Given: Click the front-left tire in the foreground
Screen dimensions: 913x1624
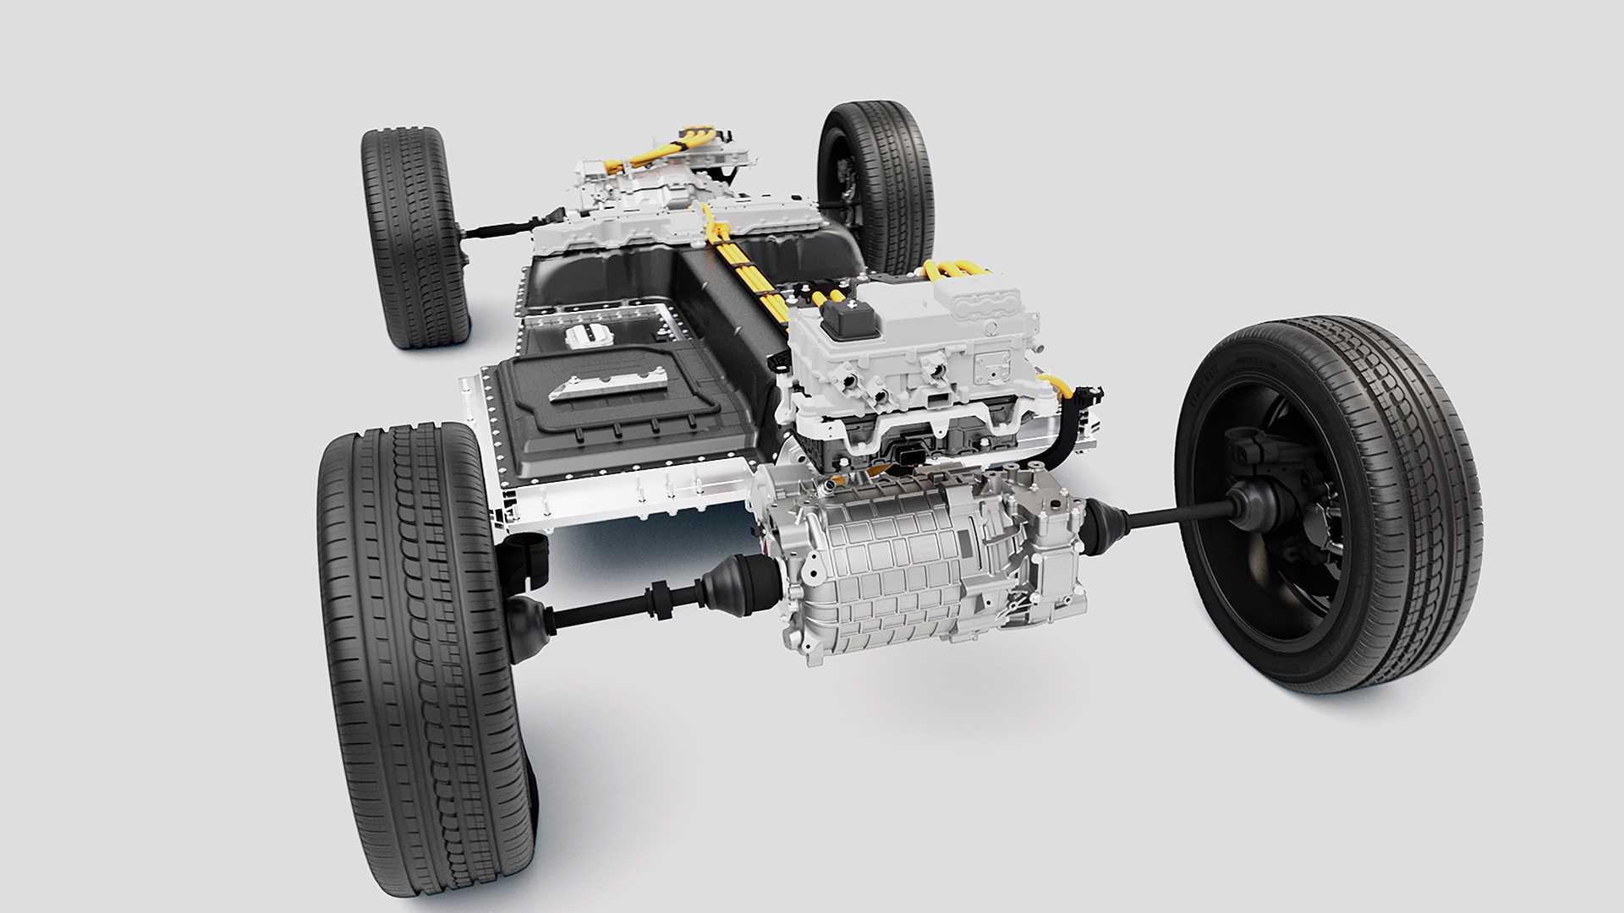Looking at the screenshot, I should pyautogui.click(x=423, y=642).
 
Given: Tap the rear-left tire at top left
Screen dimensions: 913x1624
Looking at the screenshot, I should pyautogui.click(x=414, y=237).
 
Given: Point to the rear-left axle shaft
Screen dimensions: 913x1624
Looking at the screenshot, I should pyautogui.click(x=499, y=228).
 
